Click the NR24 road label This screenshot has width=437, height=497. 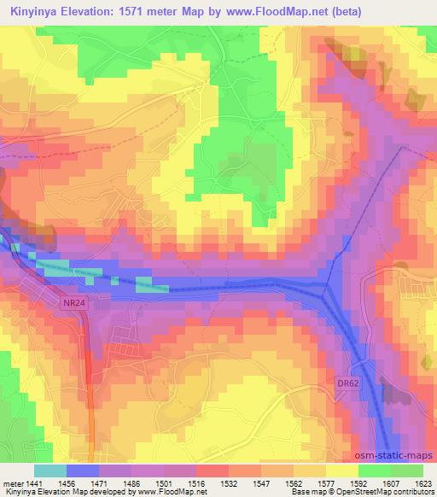pos(73,301)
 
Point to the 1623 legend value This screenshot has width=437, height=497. pos(423,482)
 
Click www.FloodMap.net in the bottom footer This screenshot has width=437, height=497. pos(169,492)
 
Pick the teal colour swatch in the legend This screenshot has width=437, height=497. pos(50,471)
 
